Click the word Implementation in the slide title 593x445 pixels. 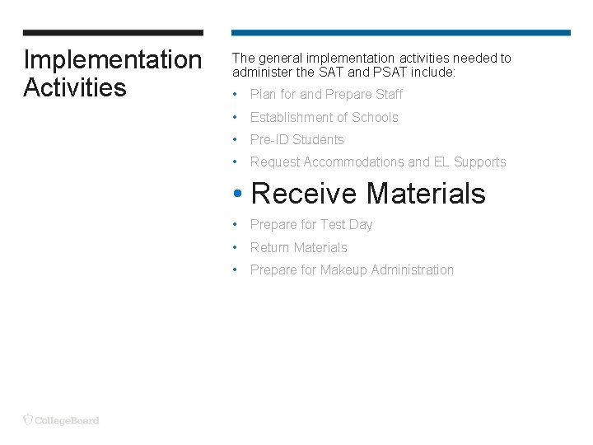[112, 60]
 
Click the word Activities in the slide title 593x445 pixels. [75, 87]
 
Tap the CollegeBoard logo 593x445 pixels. [62, 419]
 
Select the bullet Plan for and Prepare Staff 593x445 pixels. [326, 95]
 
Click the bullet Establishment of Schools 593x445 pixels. [324, 118]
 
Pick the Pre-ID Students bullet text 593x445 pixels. [296, 140]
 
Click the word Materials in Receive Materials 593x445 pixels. [426, 194]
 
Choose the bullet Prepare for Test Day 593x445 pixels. [311, 225]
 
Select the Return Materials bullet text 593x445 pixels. [298, 247]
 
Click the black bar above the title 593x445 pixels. [113, 33]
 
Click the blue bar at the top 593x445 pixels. [400, 33]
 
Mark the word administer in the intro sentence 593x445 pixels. [261, 73]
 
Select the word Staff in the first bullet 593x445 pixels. [389, 95]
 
